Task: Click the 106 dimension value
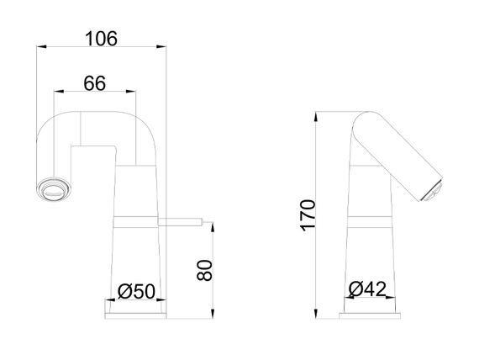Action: pos(101,39)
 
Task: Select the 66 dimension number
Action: pos(95,83)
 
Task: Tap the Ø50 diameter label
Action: pos(136,291)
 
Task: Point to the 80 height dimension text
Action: pos(204,270)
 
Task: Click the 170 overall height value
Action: pos(308,215)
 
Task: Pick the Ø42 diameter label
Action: pos(367,289)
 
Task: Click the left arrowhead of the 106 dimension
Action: pos(41,46)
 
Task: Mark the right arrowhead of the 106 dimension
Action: pos(161,46)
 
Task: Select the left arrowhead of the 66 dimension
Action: pos(59,91)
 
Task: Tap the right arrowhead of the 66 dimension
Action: pos(131,91)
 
